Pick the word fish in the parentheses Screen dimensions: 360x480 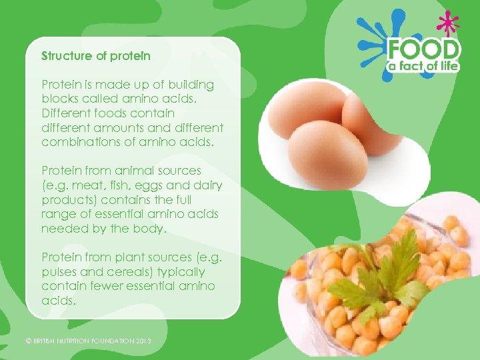(126, 185)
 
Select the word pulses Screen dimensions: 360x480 (59, 271)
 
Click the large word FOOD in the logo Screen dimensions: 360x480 (424, 49)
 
